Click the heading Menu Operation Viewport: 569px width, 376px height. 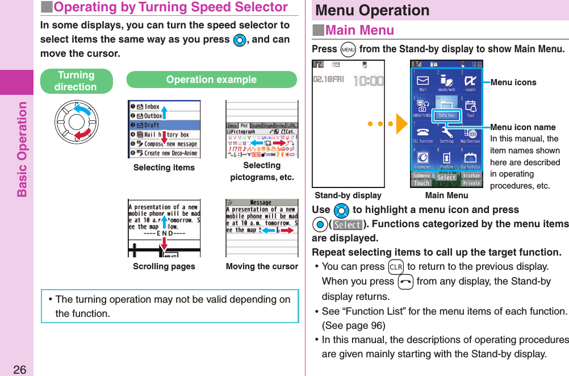coord(373,10)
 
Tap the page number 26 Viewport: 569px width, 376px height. coord(20,370)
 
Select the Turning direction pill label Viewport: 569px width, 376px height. coord(76,81)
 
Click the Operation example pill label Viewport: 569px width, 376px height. coord(211,80)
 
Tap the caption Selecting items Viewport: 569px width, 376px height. coord(164,168)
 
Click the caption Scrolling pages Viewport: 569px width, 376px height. coord(164,266)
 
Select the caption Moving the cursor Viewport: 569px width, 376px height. coord(262,266)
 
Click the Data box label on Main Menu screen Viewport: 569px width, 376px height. coord(446,115)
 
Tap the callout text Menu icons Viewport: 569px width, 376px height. coord(513,82)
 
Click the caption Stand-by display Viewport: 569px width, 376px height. coord(348,195)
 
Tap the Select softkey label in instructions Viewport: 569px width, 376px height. coord(347,224)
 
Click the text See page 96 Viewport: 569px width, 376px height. coord(353,325)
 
